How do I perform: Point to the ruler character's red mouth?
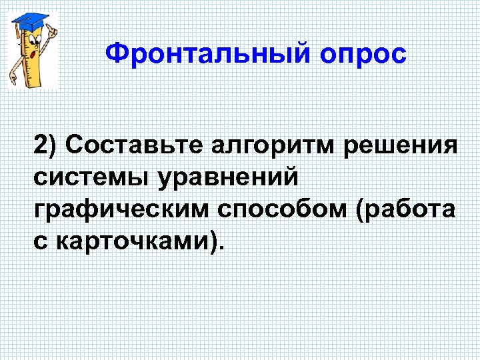pos(33,53)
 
